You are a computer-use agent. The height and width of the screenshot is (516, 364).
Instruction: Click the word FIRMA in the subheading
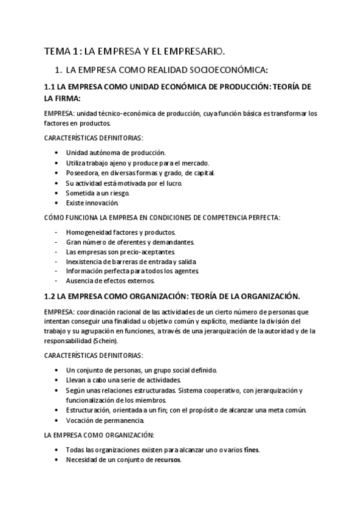[68, 97]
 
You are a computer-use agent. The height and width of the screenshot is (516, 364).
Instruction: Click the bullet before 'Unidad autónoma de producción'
[57, 153]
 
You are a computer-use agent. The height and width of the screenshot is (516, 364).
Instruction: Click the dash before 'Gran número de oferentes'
[57, 242]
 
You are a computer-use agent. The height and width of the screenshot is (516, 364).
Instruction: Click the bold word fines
[251, 450]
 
